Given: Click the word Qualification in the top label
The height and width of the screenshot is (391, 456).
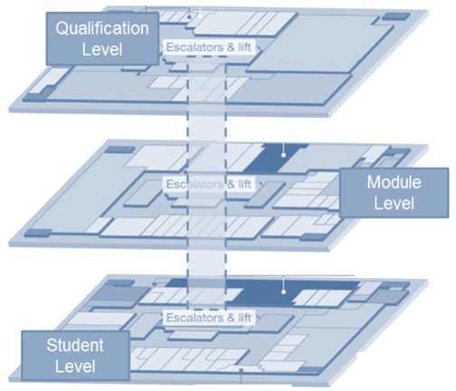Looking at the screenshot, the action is coord(102,29).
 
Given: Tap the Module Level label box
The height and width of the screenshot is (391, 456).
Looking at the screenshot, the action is coord(394,193).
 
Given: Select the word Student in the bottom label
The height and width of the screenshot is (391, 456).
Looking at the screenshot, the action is coord(75,345).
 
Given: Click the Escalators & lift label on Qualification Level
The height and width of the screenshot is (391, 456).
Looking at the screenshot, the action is coord(209,47).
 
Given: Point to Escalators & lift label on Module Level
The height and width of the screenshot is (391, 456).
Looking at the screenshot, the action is coord(209,184).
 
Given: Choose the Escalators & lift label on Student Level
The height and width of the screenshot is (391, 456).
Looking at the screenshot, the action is coord(209,318).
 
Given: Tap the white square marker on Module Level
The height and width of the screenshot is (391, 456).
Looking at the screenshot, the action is coord(283,155).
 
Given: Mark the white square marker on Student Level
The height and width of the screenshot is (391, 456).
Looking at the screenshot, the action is coord(283,292).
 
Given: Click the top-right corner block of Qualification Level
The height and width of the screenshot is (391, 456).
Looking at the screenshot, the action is coord(395,16).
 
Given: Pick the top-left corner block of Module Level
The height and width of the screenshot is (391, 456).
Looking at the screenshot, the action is coord(120,149).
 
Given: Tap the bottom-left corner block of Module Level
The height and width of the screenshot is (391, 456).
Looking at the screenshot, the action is coord(38,233).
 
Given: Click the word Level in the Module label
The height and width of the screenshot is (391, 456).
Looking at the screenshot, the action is coord(394,203).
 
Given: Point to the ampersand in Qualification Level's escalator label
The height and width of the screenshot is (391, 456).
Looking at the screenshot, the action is coord(231,47).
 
